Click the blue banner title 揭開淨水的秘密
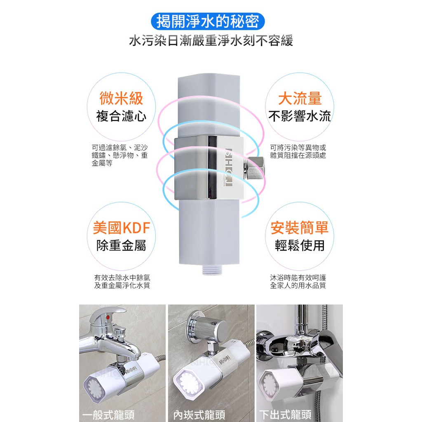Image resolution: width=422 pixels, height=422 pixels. [208, 21]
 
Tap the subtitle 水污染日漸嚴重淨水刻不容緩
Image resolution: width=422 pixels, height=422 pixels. [211, 41]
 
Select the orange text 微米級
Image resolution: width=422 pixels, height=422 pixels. [121, 98]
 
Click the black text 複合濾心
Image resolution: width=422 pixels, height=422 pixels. [121, 116]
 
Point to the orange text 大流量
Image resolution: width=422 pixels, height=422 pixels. [300, 98]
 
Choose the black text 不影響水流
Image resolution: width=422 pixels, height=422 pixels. [300, 116]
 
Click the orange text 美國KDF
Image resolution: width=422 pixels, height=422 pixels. [122, 227]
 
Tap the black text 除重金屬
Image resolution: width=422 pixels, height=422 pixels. [121, 246]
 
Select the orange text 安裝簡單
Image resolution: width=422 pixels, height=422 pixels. [300, 227]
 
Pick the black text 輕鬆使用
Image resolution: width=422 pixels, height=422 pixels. [300, 246]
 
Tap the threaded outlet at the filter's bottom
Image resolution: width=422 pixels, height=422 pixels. [209, 270]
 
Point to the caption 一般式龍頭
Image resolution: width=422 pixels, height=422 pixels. [108, 415]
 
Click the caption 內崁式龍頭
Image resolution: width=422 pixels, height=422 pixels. [199, 415]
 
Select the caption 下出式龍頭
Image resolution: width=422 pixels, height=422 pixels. [285, 415]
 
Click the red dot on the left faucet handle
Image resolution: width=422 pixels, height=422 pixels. [108, 318]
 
